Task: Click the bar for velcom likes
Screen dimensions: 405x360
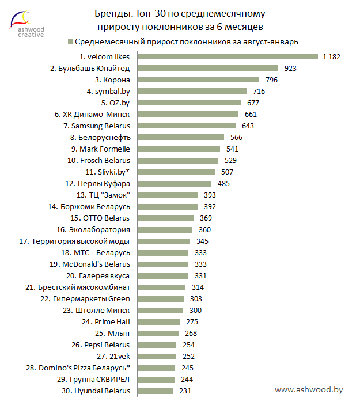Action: coord(228,56)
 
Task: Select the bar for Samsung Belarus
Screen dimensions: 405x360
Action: coord(187,126)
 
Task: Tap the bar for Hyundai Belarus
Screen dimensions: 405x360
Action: coord(156,391)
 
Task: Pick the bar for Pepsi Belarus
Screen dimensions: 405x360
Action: coord(157,345)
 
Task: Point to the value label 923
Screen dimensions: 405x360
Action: coord(290,68)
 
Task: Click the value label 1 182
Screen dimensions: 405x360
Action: coord(332,56)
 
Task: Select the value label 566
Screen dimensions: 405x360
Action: coord(236,137)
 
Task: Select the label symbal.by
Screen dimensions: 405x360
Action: coord(108,91)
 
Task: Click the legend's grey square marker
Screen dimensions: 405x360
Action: coord(70,41)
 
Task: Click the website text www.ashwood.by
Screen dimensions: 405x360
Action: coord(309,389)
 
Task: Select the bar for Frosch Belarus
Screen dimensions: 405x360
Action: coord(179,160)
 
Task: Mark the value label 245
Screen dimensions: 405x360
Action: coord(187,368)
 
